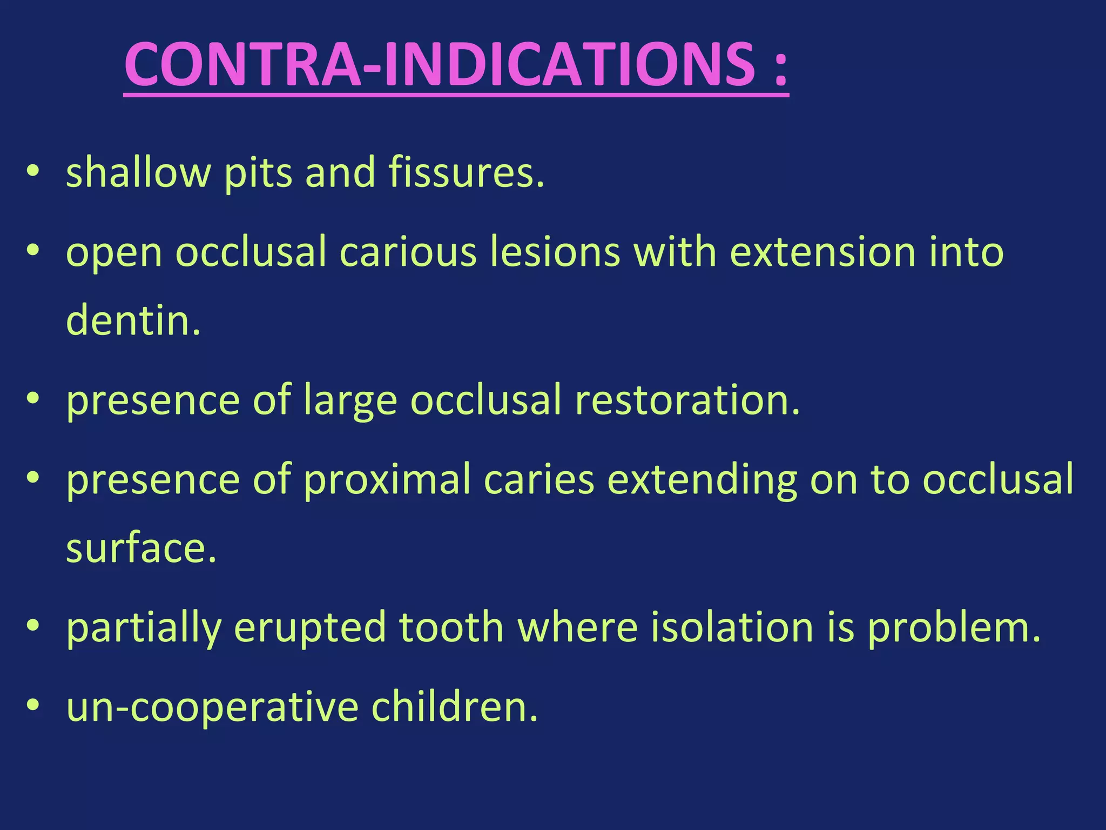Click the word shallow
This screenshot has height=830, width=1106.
coord(138,172)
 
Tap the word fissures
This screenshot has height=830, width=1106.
coord(466,172)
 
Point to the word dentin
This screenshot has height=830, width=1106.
coord(133,320)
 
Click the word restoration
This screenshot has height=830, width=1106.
coord(687,400)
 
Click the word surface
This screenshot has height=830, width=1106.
coord(141,548)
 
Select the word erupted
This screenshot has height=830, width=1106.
coord(310,627)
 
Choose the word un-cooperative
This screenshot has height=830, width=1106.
coord(212,707)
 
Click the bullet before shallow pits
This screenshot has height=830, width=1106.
coord(33,172)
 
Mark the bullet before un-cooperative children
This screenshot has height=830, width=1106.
coord(33,706)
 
